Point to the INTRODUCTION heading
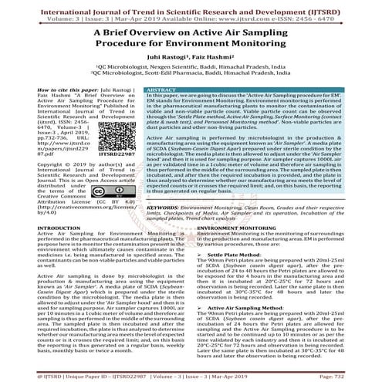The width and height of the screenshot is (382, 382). [x=32, y=228]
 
